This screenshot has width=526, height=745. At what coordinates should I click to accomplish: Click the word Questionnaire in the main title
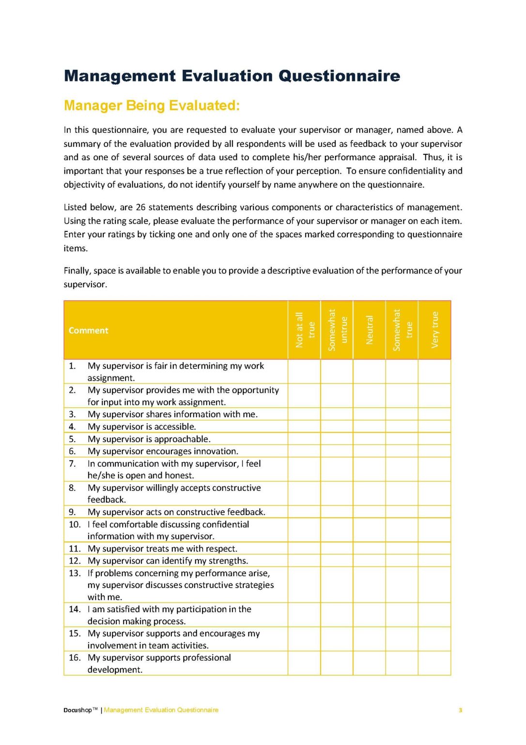click(339, 76)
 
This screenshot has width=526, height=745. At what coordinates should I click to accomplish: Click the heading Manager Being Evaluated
click(152, 105)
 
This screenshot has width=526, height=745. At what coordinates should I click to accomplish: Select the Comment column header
click(89, 330)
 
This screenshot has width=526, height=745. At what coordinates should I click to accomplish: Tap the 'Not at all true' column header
click(305, 330)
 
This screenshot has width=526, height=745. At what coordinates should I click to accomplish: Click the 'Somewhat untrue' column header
click(337, 330)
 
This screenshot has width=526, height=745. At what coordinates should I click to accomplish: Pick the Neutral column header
click(370, 330)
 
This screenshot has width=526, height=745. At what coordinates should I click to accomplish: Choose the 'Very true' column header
click(434, 330)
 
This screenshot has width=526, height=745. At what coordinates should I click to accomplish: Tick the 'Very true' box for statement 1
click(434, 372)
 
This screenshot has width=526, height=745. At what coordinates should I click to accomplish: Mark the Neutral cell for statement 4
click(370, 427)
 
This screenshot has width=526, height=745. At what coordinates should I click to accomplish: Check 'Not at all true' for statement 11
click(305, 549)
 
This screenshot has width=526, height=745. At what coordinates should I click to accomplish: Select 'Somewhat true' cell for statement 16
click(402, 663)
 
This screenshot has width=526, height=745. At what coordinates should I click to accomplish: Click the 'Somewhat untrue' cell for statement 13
click(337, 584)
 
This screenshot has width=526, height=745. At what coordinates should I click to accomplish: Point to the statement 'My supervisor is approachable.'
click(149, 439)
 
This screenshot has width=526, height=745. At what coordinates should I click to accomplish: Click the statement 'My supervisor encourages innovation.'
click(163, 451)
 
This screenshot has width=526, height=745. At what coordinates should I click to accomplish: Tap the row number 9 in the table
click(72, 512)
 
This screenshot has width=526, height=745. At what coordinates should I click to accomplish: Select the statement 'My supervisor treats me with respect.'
click(162, 549)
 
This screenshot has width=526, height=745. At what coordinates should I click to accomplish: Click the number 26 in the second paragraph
click(140, 207)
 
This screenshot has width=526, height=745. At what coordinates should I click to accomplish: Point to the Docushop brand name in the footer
click(77, 710)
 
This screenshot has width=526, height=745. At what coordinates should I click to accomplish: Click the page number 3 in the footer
click(460, 710)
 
